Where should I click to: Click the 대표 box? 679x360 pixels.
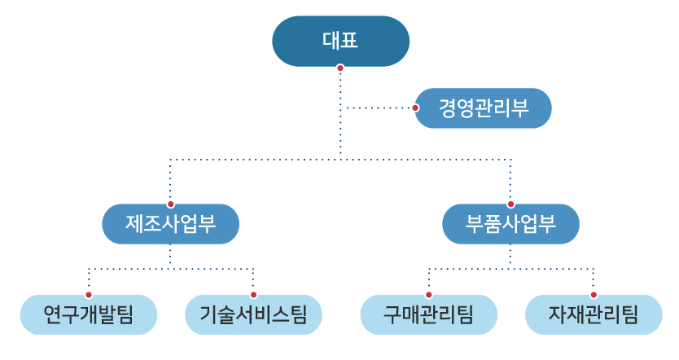(x=340, y=41)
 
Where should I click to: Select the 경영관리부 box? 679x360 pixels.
(x=484, y=108)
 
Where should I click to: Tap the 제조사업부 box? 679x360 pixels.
(x=170, y=224)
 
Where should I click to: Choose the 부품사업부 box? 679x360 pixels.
(x=510, y=224)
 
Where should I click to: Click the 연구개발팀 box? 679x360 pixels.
(x=89, y=314)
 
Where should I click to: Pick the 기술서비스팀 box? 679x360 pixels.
(x=253, y=314)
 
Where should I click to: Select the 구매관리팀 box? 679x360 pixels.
(x=428, y=314)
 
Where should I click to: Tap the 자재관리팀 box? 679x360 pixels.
(x=594, y=314)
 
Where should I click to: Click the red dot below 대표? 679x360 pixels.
(x=340, y=68)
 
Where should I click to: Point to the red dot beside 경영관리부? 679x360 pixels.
(x=415, y=108)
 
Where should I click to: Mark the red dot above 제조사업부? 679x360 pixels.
(x=170, y=204)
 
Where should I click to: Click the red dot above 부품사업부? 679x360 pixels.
(x=510, y=204)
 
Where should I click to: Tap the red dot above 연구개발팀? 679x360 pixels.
(x=89, y=294)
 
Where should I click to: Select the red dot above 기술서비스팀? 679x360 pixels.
(x=253, y=294)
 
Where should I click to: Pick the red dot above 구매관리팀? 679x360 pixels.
(x=428, y=294)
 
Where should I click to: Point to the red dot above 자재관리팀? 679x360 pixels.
(x=594, y=294)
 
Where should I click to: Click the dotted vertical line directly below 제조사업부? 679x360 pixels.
(x=170, y=257)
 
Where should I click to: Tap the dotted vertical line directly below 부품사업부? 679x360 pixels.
(x=510, y=257)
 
